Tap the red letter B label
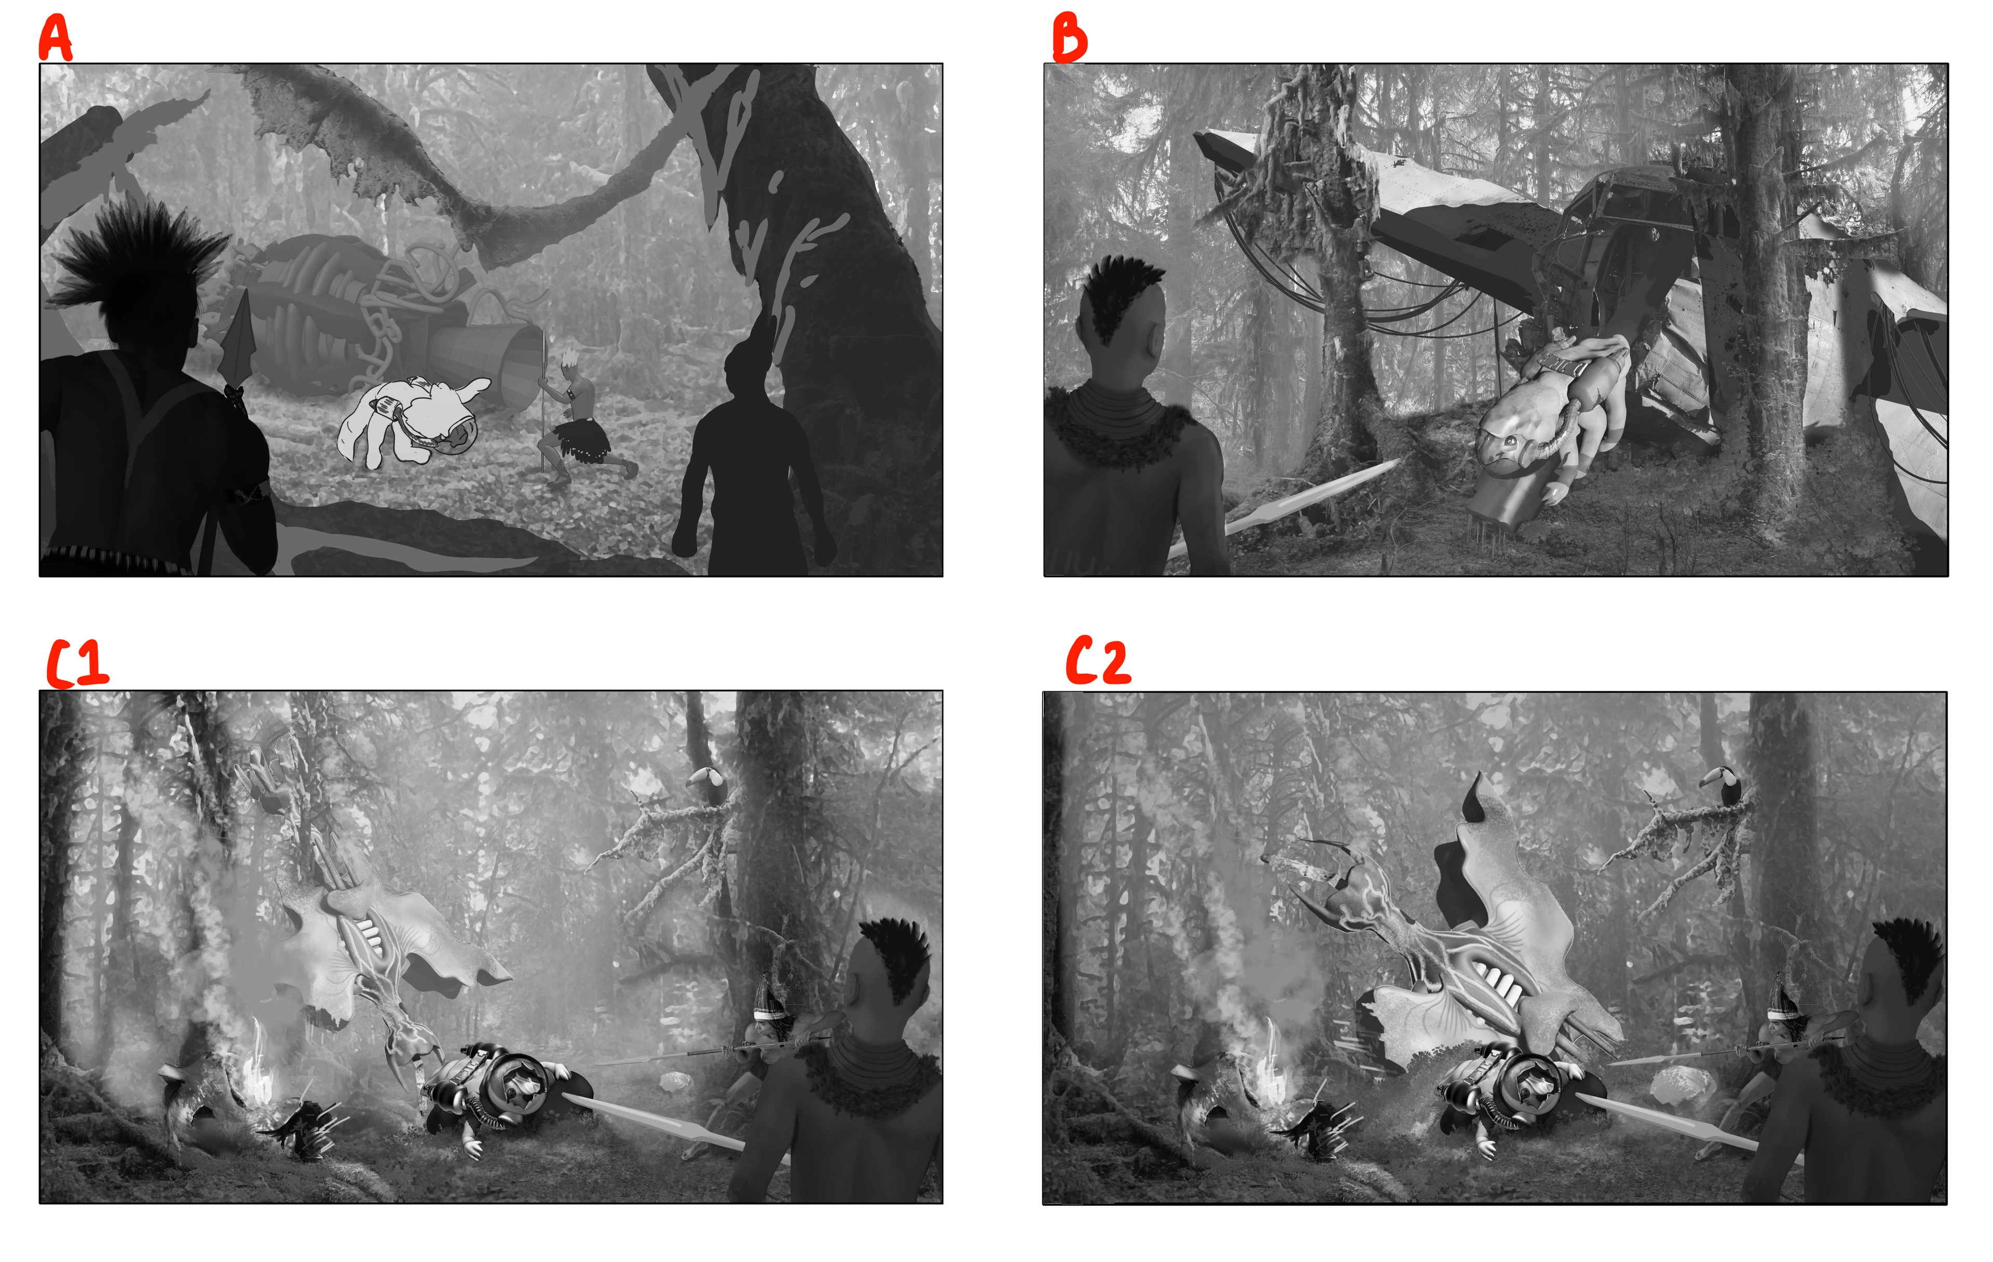click(x=1069, y=38)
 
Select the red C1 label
click(x=76, y=663)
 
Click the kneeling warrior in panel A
click(x=579, y=422)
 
